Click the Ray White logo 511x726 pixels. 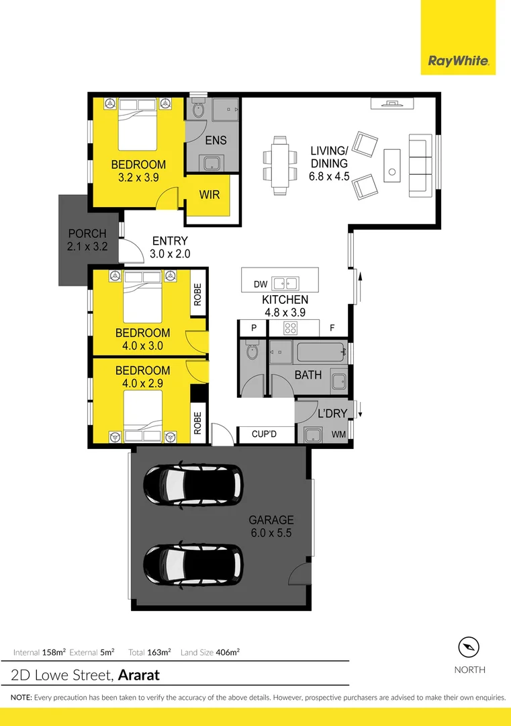(x=458, y=61)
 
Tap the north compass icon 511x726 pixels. (x=469, y=647)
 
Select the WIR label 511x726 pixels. (x=210, y=195)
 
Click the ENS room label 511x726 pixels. (x=216, y=140)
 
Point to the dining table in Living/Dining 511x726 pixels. (x=280, y=165)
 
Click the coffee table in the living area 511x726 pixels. (x=392, y=165)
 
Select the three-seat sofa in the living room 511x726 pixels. (x=420, y=165)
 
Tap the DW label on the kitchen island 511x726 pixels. (x=261, y=284)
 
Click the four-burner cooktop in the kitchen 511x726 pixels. (x=290, y=328)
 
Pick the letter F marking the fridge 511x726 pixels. (x=332, y=328)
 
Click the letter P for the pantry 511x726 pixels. (x=254, y=328)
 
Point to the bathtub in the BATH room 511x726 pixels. (x=322, y=352)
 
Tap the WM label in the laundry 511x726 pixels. (x=338, y=434)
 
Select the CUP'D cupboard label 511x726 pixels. (x=264, y=434)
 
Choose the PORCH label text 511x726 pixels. (x=87, y=233)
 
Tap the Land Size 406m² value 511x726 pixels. (x=228, y=652)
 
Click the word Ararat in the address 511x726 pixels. (x=139, y=675)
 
